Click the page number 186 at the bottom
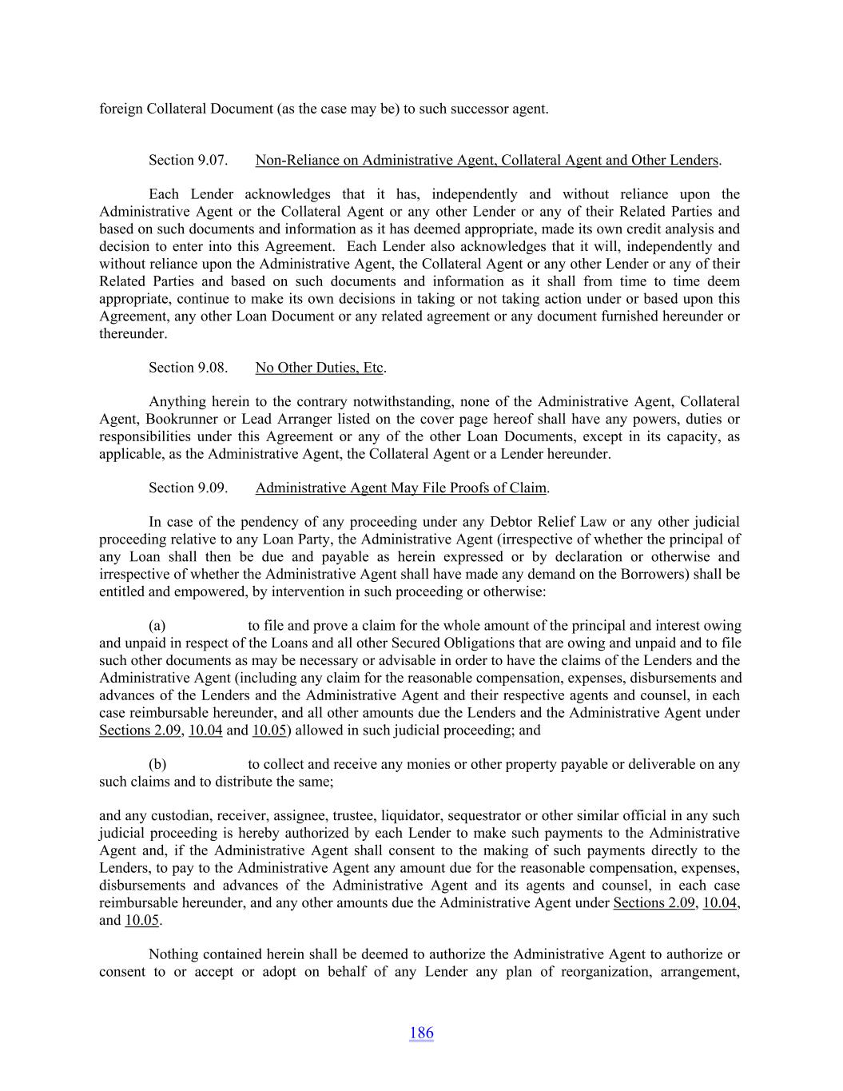[x=421, y=1033]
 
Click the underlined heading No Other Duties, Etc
[x=320, y=368]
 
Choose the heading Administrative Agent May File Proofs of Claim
[x=401, y=488]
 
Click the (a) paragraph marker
[x=157, y=626]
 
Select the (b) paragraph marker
[x=157, y=764]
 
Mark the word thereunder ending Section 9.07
[x=132, y=334]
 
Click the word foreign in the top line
[x=121, y=109]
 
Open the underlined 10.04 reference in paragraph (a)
[x=205, y=731]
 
